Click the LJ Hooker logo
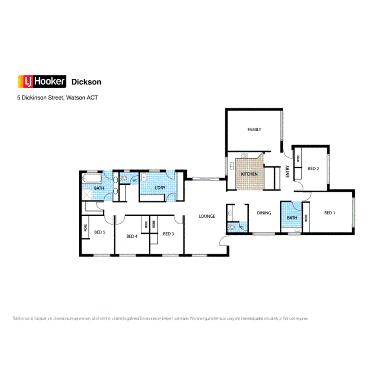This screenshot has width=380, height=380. (42, 82)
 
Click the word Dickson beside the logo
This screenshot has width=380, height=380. (86, 82)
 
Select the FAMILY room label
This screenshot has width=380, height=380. (254, 130)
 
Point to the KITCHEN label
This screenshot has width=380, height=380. (249, 174)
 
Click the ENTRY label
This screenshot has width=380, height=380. (287, 171)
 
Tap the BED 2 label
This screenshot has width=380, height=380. (313, 168)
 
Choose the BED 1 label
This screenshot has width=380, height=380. (329, 212)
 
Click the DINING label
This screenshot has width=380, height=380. (264, 213)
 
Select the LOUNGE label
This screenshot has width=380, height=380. (207, 217)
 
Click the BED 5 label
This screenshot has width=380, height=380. (100, 232)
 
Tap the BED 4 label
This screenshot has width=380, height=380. (132, 236)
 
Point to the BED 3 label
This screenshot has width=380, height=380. (168, 234)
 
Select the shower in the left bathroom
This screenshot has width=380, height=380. (87, 195)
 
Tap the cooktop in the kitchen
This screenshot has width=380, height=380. (245, 155)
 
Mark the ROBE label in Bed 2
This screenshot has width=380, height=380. (298, 159)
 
